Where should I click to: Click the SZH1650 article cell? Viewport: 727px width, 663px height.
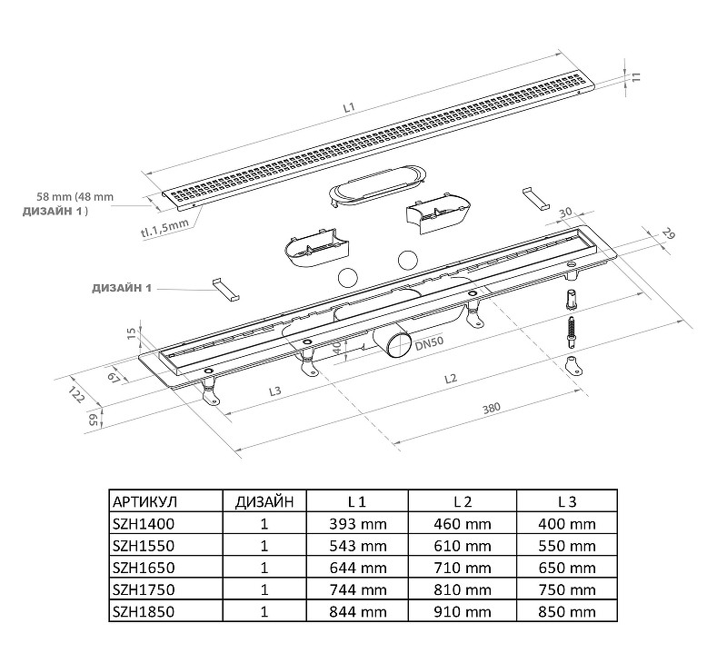click(x=144, y=568)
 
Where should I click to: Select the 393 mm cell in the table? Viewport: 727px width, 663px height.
click(x=357, y=524)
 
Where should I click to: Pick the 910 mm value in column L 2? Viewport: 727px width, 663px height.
click(x=463, y=611)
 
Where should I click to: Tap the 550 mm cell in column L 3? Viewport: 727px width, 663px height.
click(x=567, y=546)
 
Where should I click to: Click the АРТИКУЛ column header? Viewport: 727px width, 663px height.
click(x=144, y=501)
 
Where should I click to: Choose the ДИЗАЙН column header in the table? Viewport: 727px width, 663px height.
click(x=264, y=501)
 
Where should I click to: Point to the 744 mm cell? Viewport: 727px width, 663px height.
click(x=357, y=589)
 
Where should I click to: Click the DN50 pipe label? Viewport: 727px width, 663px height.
click(x=429, y=343)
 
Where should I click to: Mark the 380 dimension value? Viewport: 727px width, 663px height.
click(x=492, y=408)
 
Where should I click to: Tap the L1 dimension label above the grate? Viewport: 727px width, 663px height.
click(x=349, y=107)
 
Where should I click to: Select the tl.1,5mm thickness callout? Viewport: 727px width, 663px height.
click(x=164, y=228)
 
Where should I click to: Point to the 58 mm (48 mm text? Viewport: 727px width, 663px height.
click(x=75, y=196)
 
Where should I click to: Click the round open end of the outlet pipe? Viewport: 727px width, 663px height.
click(x=400, y=345)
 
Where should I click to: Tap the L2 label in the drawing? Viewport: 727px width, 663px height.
click(x=451, y=379)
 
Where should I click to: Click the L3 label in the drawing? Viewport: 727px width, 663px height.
click(x=275, y=391)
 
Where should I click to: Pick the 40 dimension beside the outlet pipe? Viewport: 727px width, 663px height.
click(x=338, y=348)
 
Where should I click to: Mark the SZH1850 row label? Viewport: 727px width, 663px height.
click(x=144, y=611)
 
